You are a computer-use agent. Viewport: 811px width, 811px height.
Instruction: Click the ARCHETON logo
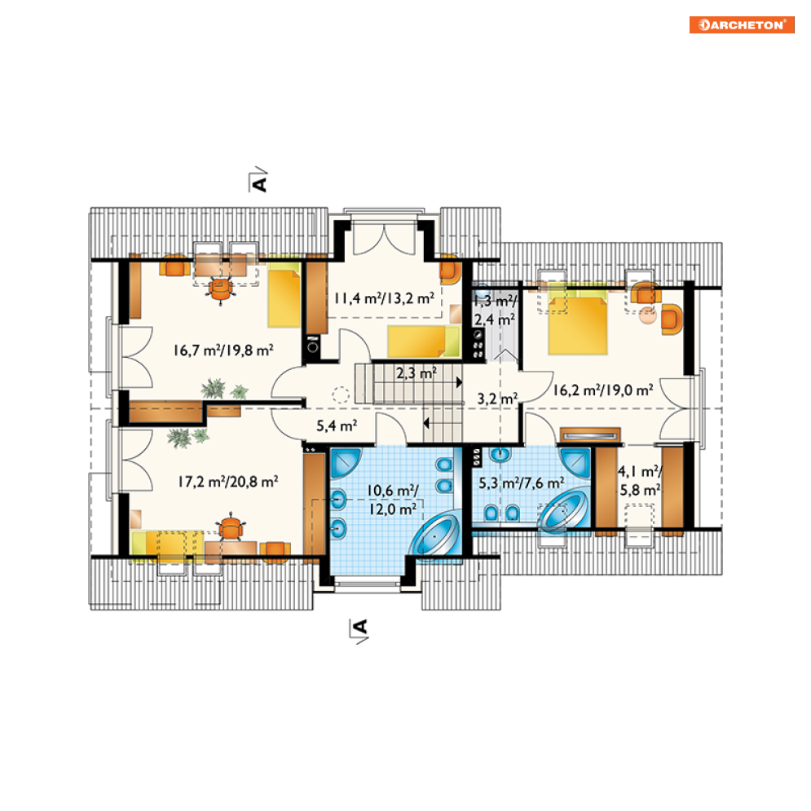(742, 24)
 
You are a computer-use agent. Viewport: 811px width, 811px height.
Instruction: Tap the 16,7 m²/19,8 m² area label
(223, 350)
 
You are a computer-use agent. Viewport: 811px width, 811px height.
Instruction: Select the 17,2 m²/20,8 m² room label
(228, 482)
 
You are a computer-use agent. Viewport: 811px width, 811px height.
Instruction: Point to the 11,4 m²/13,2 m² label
(384, 298)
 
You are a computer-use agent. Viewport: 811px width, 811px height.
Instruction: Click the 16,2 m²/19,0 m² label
(603, 390)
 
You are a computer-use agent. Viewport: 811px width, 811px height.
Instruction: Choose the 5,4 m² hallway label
(337, 425)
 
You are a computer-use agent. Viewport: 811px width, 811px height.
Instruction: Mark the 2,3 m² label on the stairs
(417, 372)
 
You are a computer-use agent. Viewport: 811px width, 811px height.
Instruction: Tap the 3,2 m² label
(497, 399)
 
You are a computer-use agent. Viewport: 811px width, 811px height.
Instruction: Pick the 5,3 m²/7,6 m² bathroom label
(522, 483)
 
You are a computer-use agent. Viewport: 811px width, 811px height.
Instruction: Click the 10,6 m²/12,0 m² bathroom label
(393, 500)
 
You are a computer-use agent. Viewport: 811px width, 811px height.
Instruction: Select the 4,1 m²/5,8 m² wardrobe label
(640, 481)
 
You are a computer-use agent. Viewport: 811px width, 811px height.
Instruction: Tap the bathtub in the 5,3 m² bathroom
(564, 510)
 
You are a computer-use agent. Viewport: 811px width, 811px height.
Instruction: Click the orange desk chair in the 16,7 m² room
(221, 289)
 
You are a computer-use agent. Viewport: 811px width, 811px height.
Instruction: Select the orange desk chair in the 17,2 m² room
(231, 528)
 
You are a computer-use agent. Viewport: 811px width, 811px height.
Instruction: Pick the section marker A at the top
(258, 180)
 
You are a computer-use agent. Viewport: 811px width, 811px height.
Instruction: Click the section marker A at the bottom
(359, 631)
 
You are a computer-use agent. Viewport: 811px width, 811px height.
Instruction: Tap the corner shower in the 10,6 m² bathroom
(345, 462)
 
